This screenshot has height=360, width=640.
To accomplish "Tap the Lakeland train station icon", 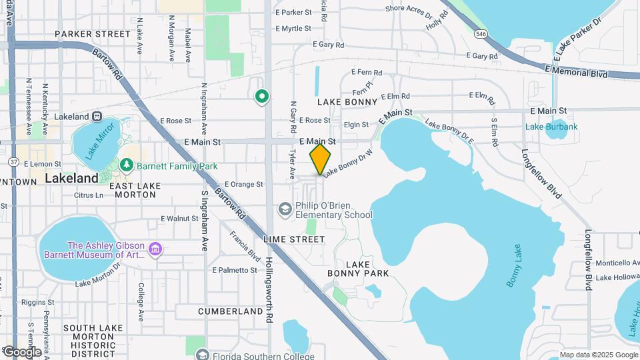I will click(x=97, y=116).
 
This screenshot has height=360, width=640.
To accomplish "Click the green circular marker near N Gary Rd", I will click(x=262, y=97).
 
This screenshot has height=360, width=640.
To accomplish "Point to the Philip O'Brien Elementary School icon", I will click(x=285, y=210).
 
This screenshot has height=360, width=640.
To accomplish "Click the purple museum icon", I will click(x=155, y=249).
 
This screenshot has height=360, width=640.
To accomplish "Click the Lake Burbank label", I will click(x=551, y=127).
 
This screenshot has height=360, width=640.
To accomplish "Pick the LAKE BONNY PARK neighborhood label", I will click(x=358, y=269).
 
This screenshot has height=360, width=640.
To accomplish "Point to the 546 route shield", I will click(x=481, y=33).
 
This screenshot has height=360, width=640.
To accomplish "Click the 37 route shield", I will click(x=13, y=161).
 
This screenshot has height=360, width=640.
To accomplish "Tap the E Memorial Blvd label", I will click(x=576, y=71).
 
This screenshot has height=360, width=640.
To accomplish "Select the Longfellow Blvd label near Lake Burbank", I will click(x=537, y=173).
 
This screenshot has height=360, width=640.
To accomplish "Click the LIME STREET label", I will click(x=294, y=239).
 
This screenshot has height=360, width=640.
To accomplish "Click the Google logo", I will click(x=21, y=351).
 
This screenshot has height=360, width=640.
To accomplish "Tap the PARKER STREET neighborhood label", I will click(x=93, y=34).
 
